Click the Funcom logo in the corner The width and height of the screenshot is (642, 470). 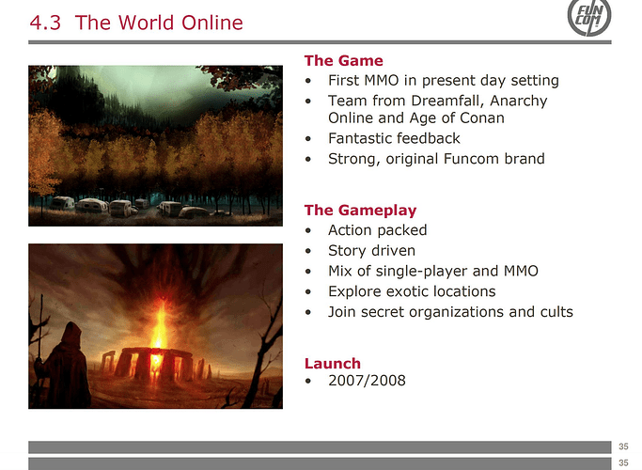coord(589,17)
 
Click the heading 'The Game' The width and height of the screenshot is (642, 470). coord(343,60)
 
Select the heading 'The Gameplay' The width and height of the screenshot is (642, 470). coord(360,210)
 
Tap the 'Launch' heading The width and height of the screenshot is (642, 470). coord(333,363)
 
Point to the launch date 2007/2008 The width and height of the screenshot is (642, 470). coord(367,381)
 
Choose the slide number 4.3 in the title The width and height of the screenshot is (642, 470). coord(45,23)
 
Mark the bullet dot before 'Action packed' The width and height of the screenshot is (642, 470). coord(308,231)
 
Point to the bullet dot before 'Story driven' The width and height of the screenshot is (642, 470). coord(308,251)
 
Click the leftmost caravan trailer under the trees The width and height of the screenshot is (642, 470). coord(62,203)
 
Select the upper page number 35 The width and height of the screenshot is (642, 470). coord(623,446)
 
